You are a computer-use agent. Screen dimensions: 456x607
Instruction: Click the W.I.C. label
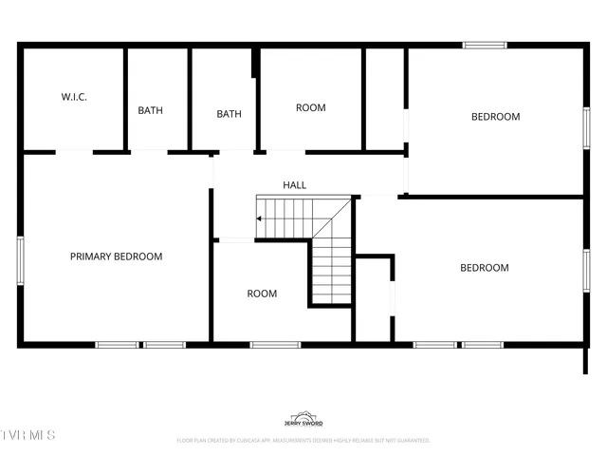(74, 97)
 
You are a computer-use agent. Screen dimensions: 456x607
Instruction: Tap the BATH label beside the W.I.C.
(150, 110)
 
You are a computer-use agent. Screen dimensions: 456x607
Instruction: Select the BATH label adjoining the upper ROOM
(229, 114)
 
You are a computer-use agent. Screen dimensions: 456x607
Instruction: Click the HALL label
(294, 185)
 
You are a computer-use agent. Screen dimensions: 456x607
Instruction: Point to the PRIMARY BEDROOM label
(116, 256)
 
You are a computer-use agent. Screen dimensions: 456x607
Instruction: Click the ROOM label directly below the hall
(262, 294)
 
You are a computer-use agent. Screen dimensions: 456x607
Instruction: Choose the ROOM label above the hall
(310, 108)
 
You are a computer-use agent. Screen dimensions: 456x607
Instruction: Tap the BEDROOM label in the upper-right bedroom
(496, 117)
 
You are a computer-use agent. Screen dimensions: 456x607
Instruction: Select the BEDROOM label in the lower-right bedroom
(484, 268)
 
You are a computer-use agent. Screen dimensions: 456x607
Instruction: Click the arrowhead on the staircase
(259, 218)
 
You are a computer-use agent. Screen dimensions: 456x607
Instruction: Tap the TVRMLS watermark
(28, 435)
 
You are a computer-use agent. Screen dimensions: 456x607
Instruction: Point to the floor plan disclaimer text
(303, 441)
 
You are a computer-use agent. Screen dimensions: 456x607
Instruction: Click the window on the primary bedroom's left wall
(20, 260)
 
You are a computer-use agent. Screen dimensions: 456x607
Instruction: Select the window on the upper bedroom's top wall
(484, 45)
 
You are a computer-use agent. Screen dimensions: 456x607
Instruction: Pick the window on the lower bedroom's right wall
(585, 270)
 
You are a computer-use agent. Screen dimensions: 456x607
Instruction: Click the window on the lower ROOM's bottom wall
(275, 344)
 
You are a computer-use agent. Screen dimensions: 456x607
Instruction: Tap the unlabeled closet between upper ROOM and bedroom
(384, 99)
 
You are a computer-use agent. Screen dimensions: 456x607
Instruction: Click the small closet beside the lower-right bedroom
(374, 299)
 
